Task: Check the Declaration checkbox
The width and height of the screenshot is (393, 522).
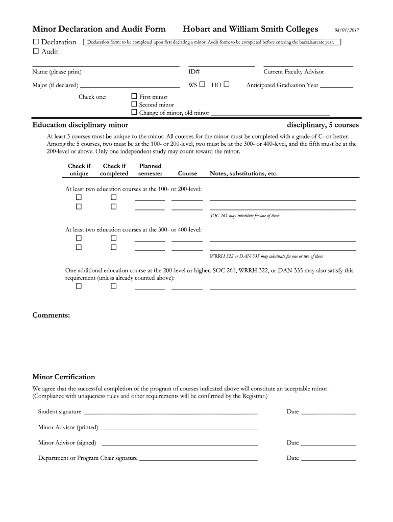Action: click(36, 42)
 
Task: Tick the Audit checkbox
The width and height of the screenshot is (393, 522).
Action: click(36, 51)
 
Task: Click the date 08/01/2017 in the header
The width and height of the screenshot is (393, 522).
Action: click(347, 30)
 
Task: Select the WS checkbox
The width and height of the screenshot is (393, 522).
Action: click(202, 85)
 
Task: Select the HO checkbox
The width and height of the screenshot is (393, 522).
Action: click(226, 85)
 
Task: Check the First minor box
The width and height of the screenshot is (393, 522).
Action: click(134, 96)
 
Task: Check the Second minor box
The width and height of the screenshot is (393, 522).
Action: click(134, 105)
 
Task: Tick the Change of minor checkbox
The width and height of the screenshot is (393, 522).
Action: click(134, 112)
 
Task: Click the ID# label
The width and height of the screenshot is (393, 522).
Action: click(194, 72)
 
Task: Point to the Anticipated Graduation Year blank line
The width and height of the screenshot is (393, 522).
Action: click(336, 88)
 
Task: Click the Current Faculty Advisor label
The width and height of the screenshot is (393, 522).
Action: click(293, 72)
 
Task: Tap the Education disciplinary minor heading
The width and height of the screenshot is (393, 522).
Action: click(80, 125)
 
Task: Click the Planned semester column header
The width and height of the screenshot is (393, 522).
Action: click(150, 170)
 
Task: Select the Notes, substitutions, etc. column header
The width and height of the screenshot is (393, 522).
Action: click(243, 174)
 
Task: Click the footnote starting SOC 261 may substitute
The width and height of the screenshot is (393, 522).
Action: click(244, 216)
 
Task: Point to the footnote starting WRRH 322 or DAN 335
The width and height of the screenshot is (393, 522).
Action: click(266, 256)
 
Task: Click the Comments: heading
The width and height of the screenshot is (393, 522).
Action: click(51, 315)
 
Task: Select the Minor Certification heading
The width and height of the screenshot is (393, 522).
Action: click(64, 377)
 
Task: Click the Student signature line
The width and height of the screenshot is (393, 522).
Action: click(170, 413)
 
